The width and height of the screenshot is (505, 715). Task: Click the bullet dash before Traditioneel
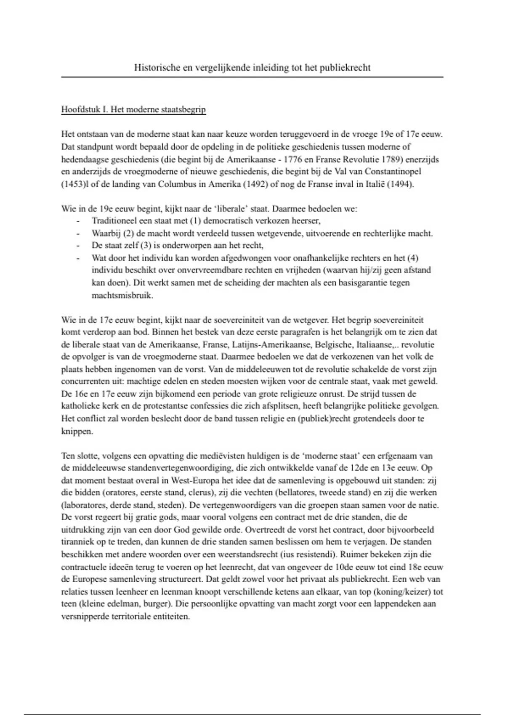click(78, 221)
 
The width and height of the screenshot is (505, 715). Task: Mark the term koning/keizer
click(404, 591)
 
